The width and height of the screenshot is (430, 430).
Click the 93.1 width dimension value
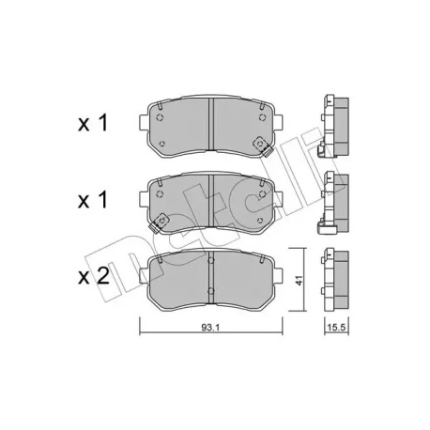tap(211, 328)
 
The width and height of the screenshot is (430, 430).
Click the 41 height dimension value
tap(299, 280)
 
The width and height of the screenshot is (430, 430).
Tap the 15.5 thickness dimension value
tap(336, 328)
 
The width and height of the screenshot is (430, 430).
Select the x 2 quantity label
tap(93, 276)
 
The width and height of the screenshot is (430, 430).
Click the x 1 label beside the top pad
tap(93, 123)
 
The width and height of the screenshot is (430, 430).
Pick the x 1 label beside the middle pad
tap(93, 200)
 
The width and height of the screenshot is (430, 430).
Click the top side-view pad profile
tap(333, 127)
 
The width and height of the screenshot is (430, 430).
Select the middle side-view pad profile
tap(333, 203)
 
